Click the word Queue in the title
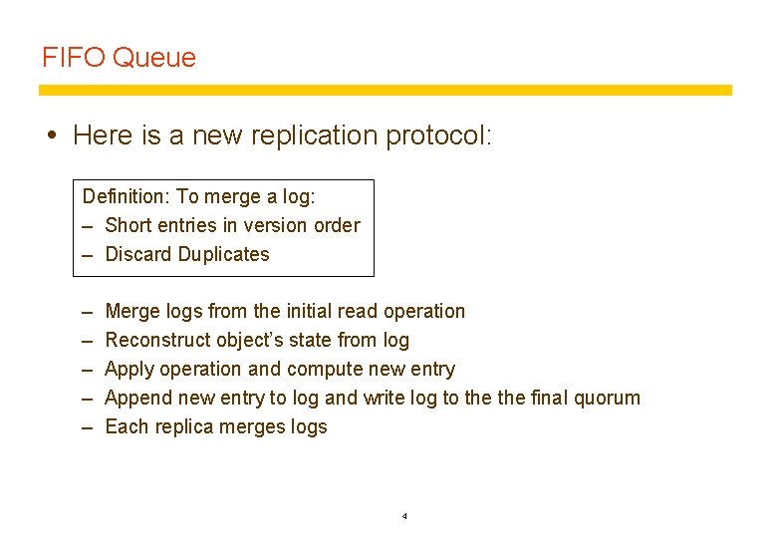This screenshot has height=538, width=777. [x=154, y=58]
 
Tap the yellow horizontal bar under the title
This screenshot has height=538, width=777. [x=385, y=90]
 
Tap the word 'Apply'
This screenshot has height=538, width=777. [x=129, y=370]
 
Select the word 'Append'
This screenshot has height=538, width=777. [x=138, y=399]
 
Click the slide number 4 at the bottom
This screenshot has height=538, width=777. [x=404, y=516]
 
